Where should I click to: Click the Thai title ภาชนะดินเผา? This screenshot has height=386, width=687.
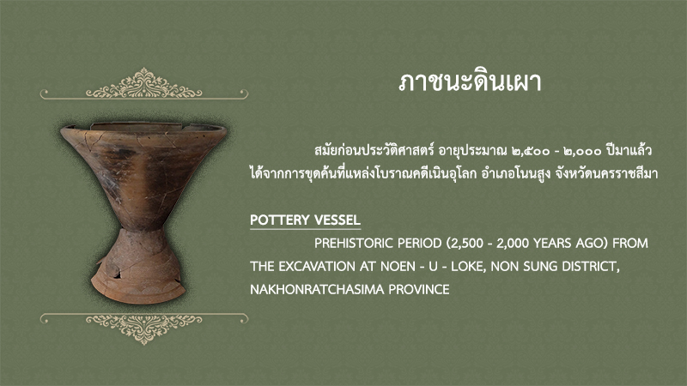[470, 81]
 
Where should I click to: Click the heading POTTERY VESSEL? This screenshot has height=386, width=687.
[305, 220]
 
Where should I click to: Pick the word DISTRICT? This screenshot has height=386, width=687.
[591, 267]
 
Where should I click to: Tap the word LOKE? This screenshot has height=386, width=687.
[468, 267]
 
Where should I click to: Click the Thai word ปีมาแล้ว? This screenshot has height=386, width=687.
[629, 150]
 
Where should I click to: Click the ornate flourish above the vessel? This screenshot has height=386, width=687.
[143, 84]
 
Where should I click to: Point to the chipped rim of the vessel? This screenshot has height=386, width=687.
[143, 127]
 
